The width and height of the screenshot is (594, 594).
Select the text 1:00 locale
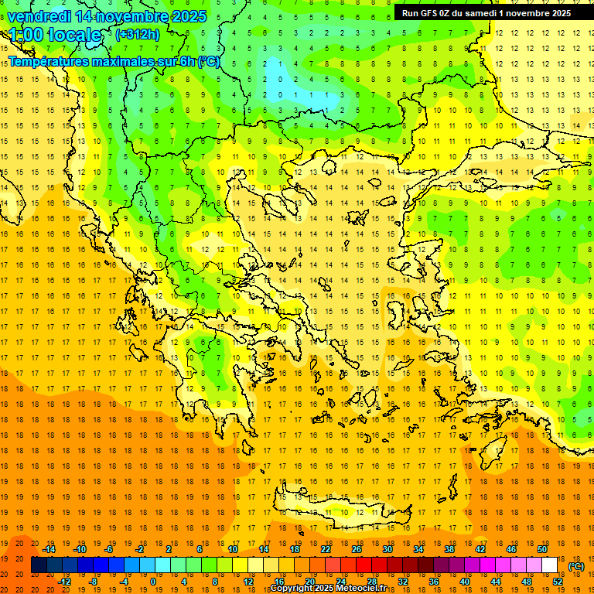click(55, 35)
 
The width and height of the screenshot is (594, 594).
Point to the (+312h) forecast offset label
click(138, 35)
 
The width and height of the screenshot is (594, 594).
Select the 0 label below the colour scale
click(152, 581)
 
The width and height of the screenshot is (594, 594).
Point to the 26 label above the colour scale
click(356, 549)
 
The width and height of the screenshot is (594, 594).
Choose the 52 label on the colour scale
click(558, 581)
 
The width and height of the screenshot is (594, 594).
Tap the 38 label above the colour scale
click(449, 549)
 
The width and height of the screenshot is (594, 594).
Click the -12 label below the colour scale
click(64, 581)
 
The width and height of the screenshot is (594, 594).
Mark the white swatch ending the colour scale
click(550, 565)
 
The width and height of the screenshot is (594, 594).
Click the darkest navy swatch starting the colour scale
click(39, 565)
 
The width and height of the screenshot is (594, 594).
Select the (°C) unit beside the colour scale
click(575, 566)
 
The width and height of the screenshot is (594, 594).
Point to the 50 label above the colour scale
click(542, 549)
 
